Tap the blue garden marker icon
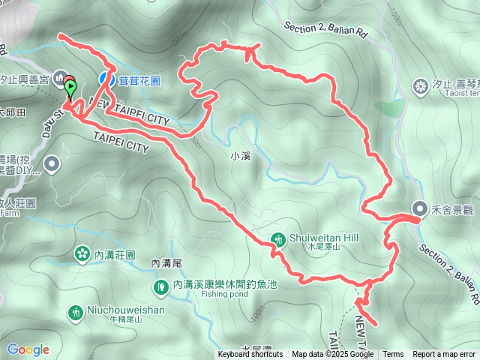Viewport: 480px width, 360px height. tap(106, 78)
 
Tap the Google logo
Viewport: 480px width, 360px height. tap(28, 349)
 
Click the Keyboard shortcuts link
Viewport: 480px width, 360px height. tap(250, 355)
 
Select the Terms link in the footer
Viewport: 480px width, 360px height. tap(392, 355)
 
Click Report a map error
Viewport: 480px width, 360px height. tap(444, 355)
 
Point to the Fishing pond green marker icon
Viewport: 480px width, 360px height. tap(160, 286)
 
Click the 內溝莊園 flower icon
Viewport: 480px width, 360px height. tap(80, 255)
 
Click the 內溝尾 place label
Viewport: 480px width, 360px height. tap(166, 263)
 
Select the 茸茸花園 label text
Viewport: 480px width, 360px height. tap(139, 78)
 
